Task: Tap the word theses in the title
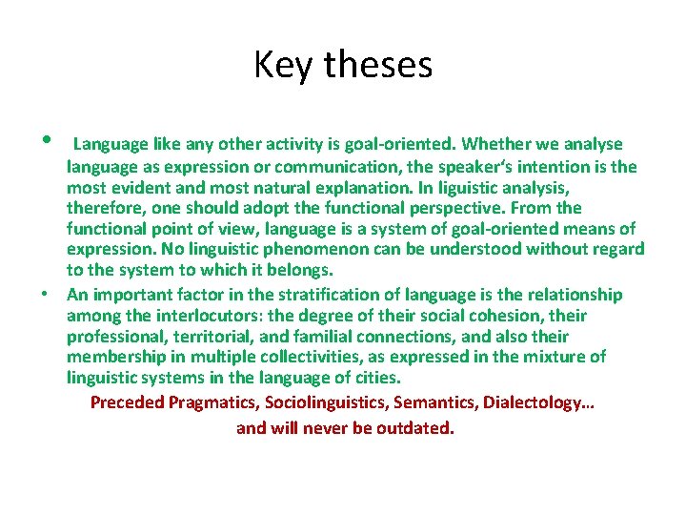tap(378, 65)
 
